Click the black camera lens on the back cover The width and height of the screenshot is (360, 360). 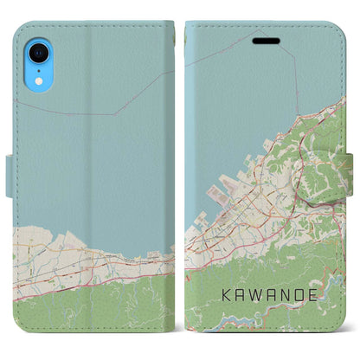tap(42, 48)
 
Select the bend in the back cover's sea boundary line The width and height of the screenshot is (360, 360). tap(115, 113)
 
